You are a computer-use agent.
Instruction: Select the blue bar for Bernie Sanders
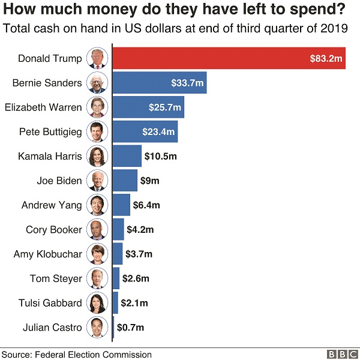[x=160, y=83]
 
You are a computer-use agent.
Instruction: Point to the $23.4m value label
[x=158, y=132]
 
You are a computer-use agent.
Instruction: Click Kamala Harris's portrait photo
[x=97, y=156]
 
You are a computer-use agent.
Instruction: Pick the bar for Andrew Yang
[x=121, y=205]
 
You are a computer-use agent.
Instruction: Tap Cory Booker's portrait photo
[x=97, y=229]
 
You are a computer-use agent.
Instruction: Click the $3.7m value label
[x=139, y=254]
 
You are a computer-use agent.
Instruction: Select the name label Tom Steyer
[x=56, y=278]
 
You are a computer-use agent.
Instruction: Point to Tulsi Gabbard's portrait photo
[x=97, y=302]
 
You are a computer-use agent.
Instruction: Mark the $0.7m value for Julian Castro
[x=130, y=328]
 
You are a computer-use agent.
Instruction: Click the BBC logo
[x=340, y=354]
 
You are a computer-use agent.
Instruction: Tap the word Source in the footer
[x=16, y=354]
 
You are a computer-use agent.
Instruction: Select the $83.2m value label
[x=326, y=59]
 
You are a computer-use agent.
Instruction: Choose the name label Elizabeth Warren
[x=43, y=107]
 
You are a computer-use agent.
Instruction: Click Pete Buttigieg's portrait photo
[x=97, y=132]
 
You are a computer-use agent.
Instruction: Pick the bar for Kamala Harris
[x=127, y=156]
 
